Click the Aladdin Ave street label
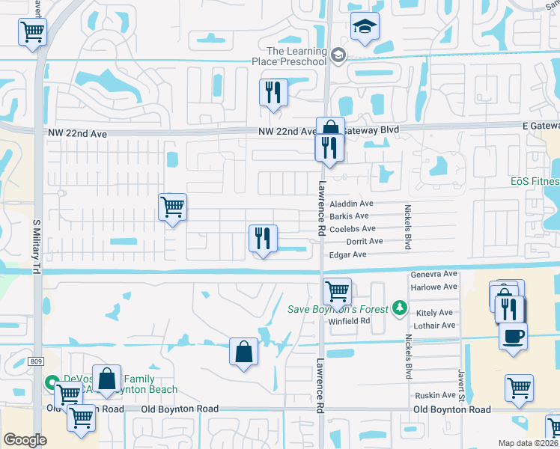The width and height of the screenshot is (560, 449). coord(356,204)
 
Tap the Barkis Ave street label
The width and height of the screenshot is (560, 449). coord(354,216)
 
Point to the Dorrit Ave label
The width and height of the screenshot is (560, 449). coord(365,242)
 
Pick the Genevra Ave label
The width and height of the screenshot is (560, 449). coord(433,275)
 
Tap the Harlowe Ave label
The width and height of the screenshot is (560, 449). coord(433,287)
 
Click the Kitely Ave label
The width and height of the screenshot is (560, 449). coord(436,313)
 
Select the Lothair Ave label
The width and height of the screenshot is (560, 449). coord(436,326)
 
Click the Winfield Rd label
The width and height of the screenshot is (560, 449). coord(350,321)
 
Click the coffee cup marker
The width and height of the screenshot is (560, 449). coord(514,335)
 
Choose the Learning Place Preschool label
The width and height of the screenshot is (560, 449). coord(296,56)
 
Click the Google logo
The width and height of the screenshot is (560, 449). coord(25,440)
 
